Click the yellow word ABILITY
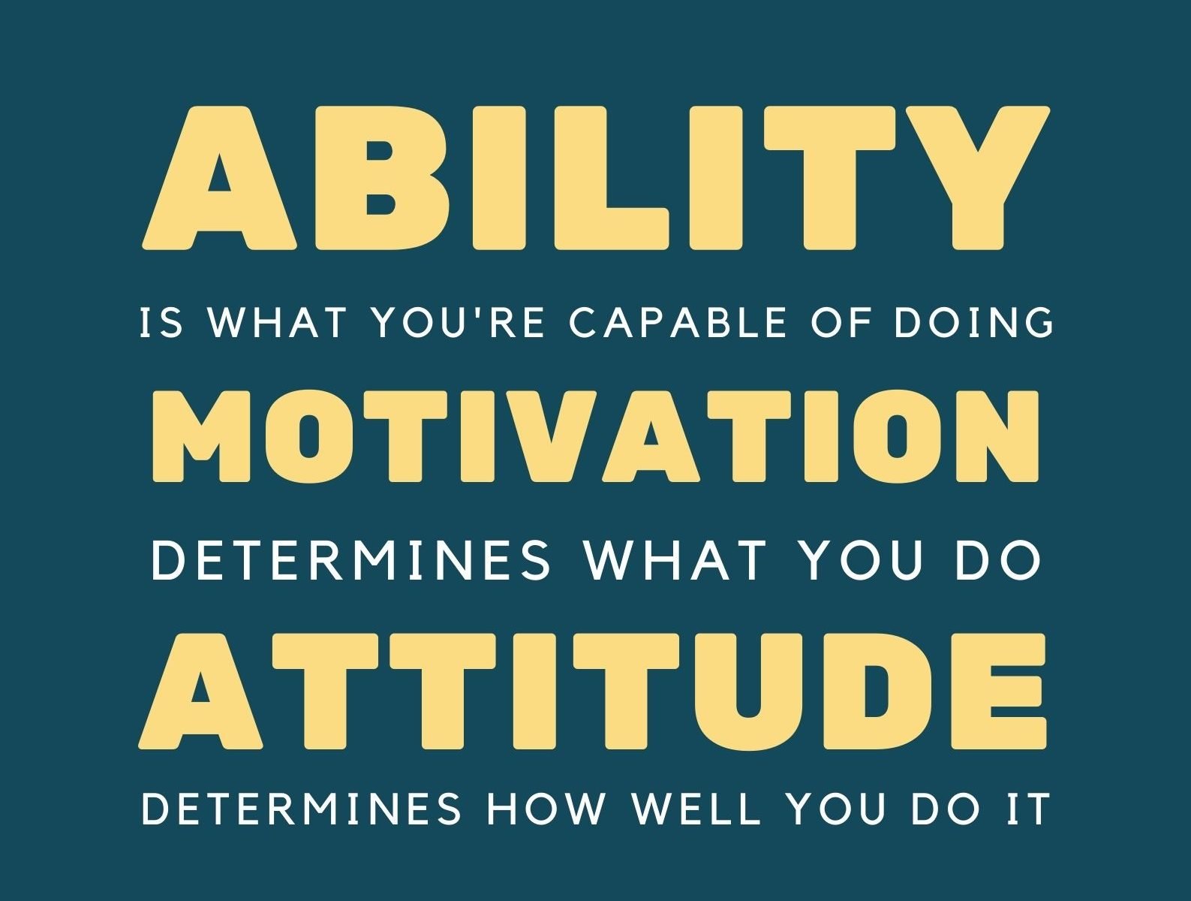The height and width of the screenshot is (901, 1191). (x=596, y=177)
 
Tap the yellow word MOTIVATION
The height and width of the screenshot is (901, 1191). (x=596, y=436)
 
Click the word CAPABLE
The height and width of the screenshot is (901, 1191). (x=677, y=322)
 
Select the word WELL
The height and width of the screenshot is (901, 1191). (x=696, y=809)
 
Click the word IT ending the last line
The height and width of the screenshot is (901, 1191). (x=1027, y=809)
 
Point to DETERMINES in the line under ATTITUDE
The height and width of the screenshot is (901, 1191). (x=301, y=809)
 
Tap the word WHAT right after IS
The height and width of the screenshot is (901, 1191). (x=277, y=322)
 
